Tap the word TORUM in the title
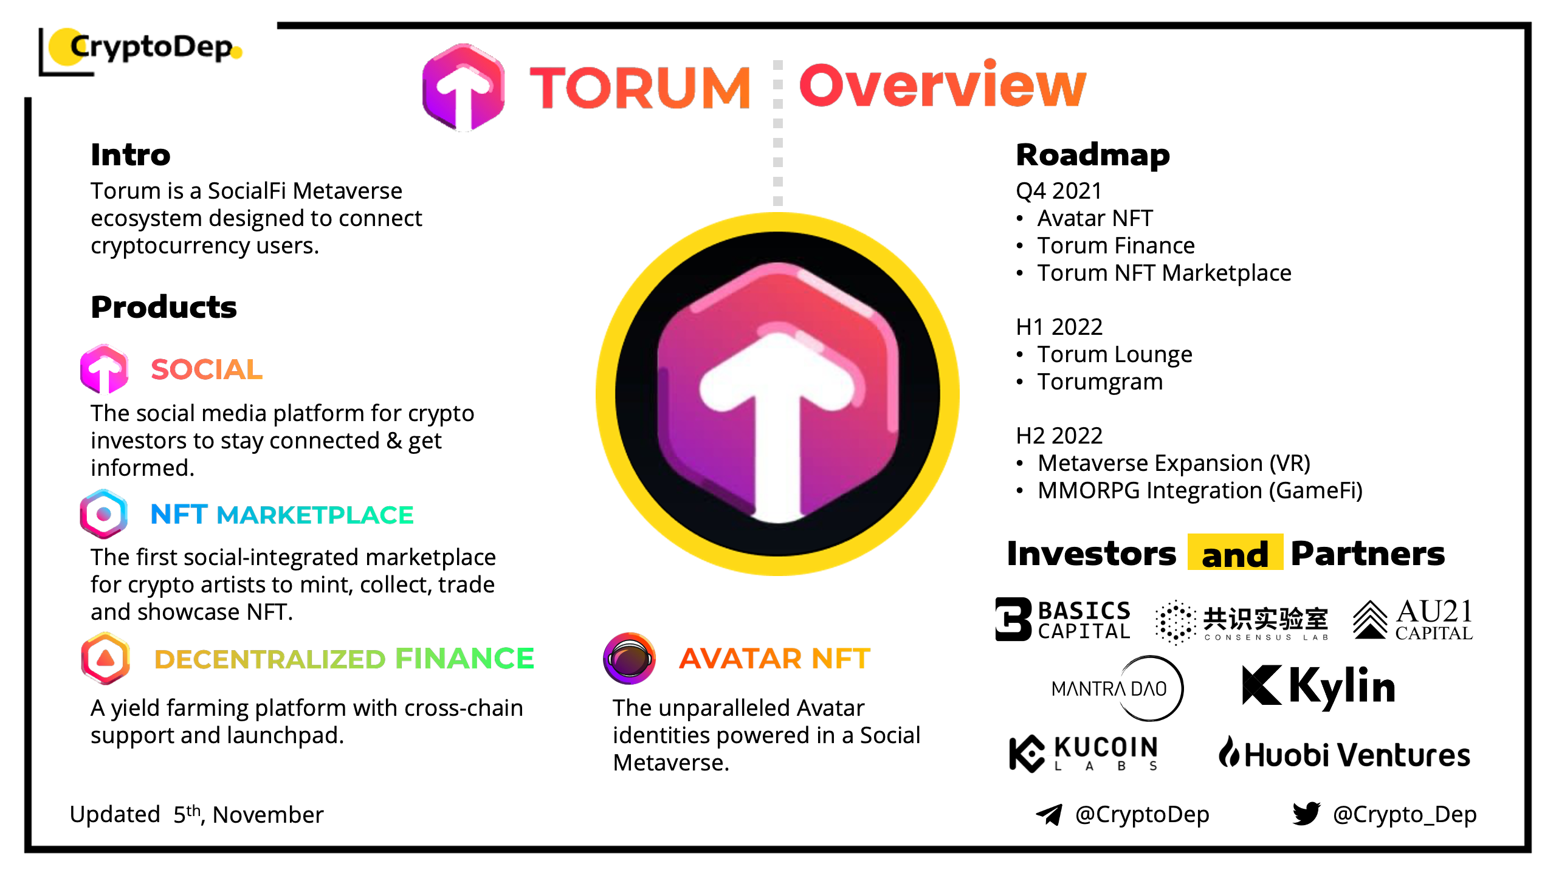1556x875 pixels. click(x=640, y=89)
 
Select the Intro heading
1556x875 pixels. click(x=131, y=155)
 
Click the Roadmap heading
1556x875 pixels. click(x=1092, y=155)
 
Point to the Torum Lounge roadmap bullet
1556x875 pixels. click(x=1114, y=354)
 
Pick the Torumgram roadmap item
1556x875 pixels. click(x=1100, y=382)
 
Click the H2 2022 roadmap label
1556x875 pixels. click(x=1059, y=436)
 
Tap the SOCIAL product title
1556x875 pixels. click(x=207, y=369)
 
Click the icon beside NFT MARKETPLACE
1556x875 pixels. click(x=104, y=514)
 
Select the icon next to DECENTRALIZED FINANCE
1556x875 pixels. click(x=106, y=658)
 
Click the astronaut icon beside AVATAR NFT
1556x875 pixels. click(x=629, y=658)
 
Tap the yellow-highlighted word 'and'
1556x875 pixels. click(x=1235, y=554)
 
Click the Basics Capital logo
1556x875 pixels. click(x=1062, y=620)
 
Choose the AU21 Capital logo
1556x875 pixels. click(x=1413, y=620)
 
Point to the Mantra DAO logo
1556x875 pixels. click(x=1117, y=688)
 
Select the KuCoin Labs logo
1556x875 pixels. click(x=1083, y=753)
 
